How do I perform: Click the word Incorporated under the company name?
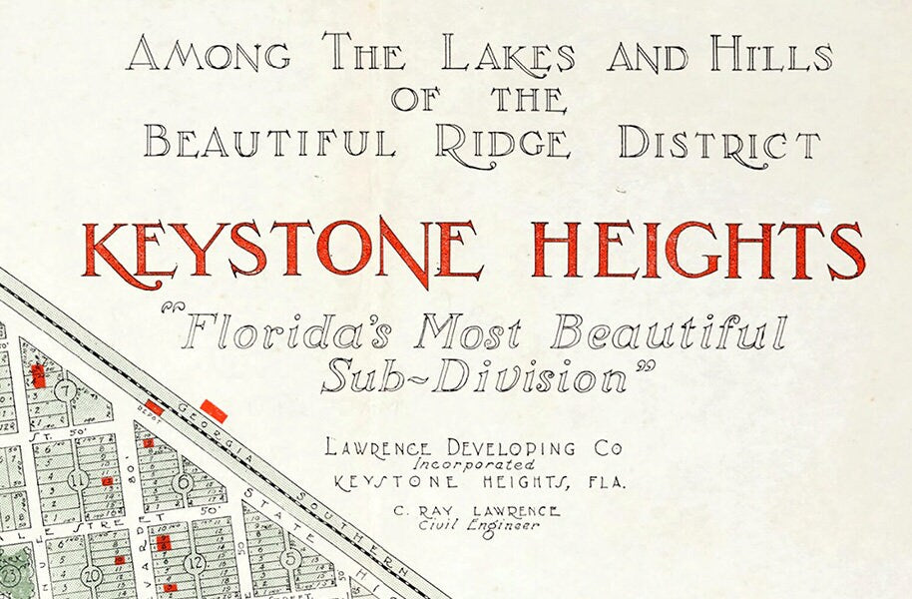[x=475, y=464]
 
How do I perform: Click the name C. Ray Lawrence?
[x=477, y=511]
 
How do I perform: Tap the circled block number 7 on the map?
[x=66, y=389]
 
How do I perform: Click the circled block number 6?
[x=183, y=481]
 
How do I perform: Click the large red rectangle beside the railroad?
[x=214, y=410]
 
